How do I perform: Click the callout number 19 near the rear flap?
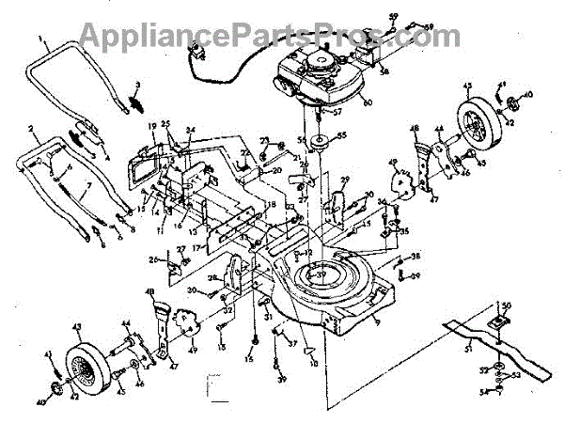tap(149, 126)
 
